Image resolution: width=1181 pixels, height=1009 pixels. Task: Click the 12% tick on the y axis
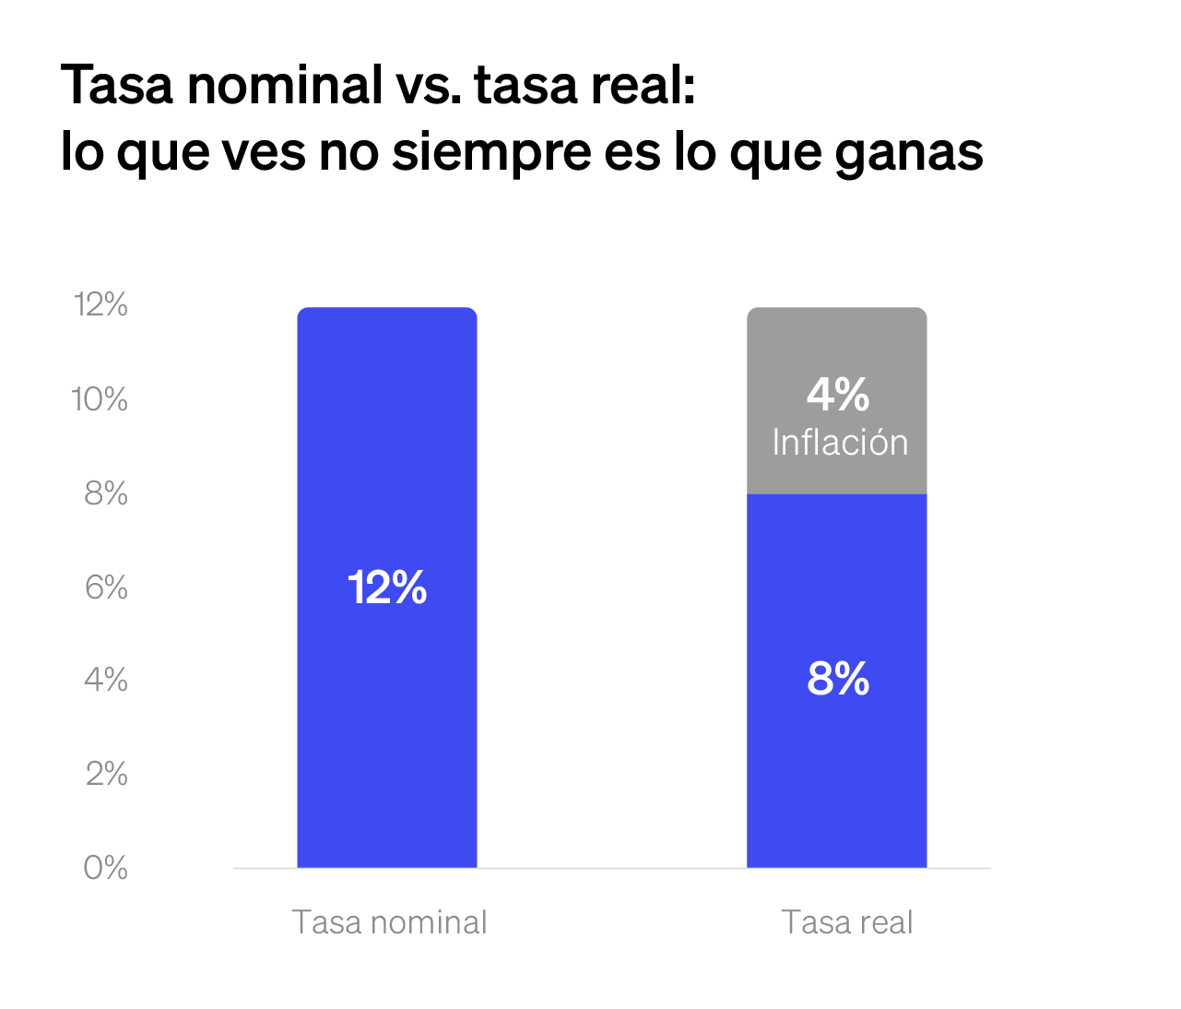click(x=100, y=305)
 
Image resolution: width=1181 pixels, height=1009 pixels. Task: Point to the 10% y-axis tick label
click(x=100, y=400)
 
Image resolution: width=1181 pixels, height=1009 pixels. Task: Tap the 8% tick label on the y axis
click(x=106, y=494)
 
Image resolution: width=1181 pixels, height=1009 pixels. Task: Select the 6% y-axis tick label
click(x=106, y=588)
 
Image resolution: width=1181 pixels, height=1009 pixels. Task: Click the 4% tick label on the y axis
click(x=106, y=681)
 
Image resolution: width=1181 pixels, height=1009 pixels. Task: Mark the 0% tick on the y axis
click(x=106, y=868)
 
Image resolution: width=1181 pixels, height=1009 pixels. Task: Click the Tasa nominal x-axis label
click(x=389, y=922)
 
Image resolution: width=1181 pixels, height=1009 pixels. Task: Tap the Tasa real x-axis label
click(x=846, y=922)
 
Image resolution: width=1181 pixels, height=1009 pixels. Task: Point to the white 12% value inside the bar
click(x=387, y=588)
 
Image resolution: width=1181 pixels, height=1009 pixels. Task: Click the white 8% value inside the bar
click(x=838, y=680)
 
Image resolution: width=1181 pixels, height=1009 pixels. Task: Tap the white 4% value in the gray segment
click(x=838, y=396)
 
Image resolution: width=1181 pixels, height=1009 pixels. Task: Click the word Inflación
click(x=840, y=444)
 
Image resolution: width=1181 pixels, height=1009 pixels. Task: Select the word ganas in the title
click(x=909, y=153)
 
